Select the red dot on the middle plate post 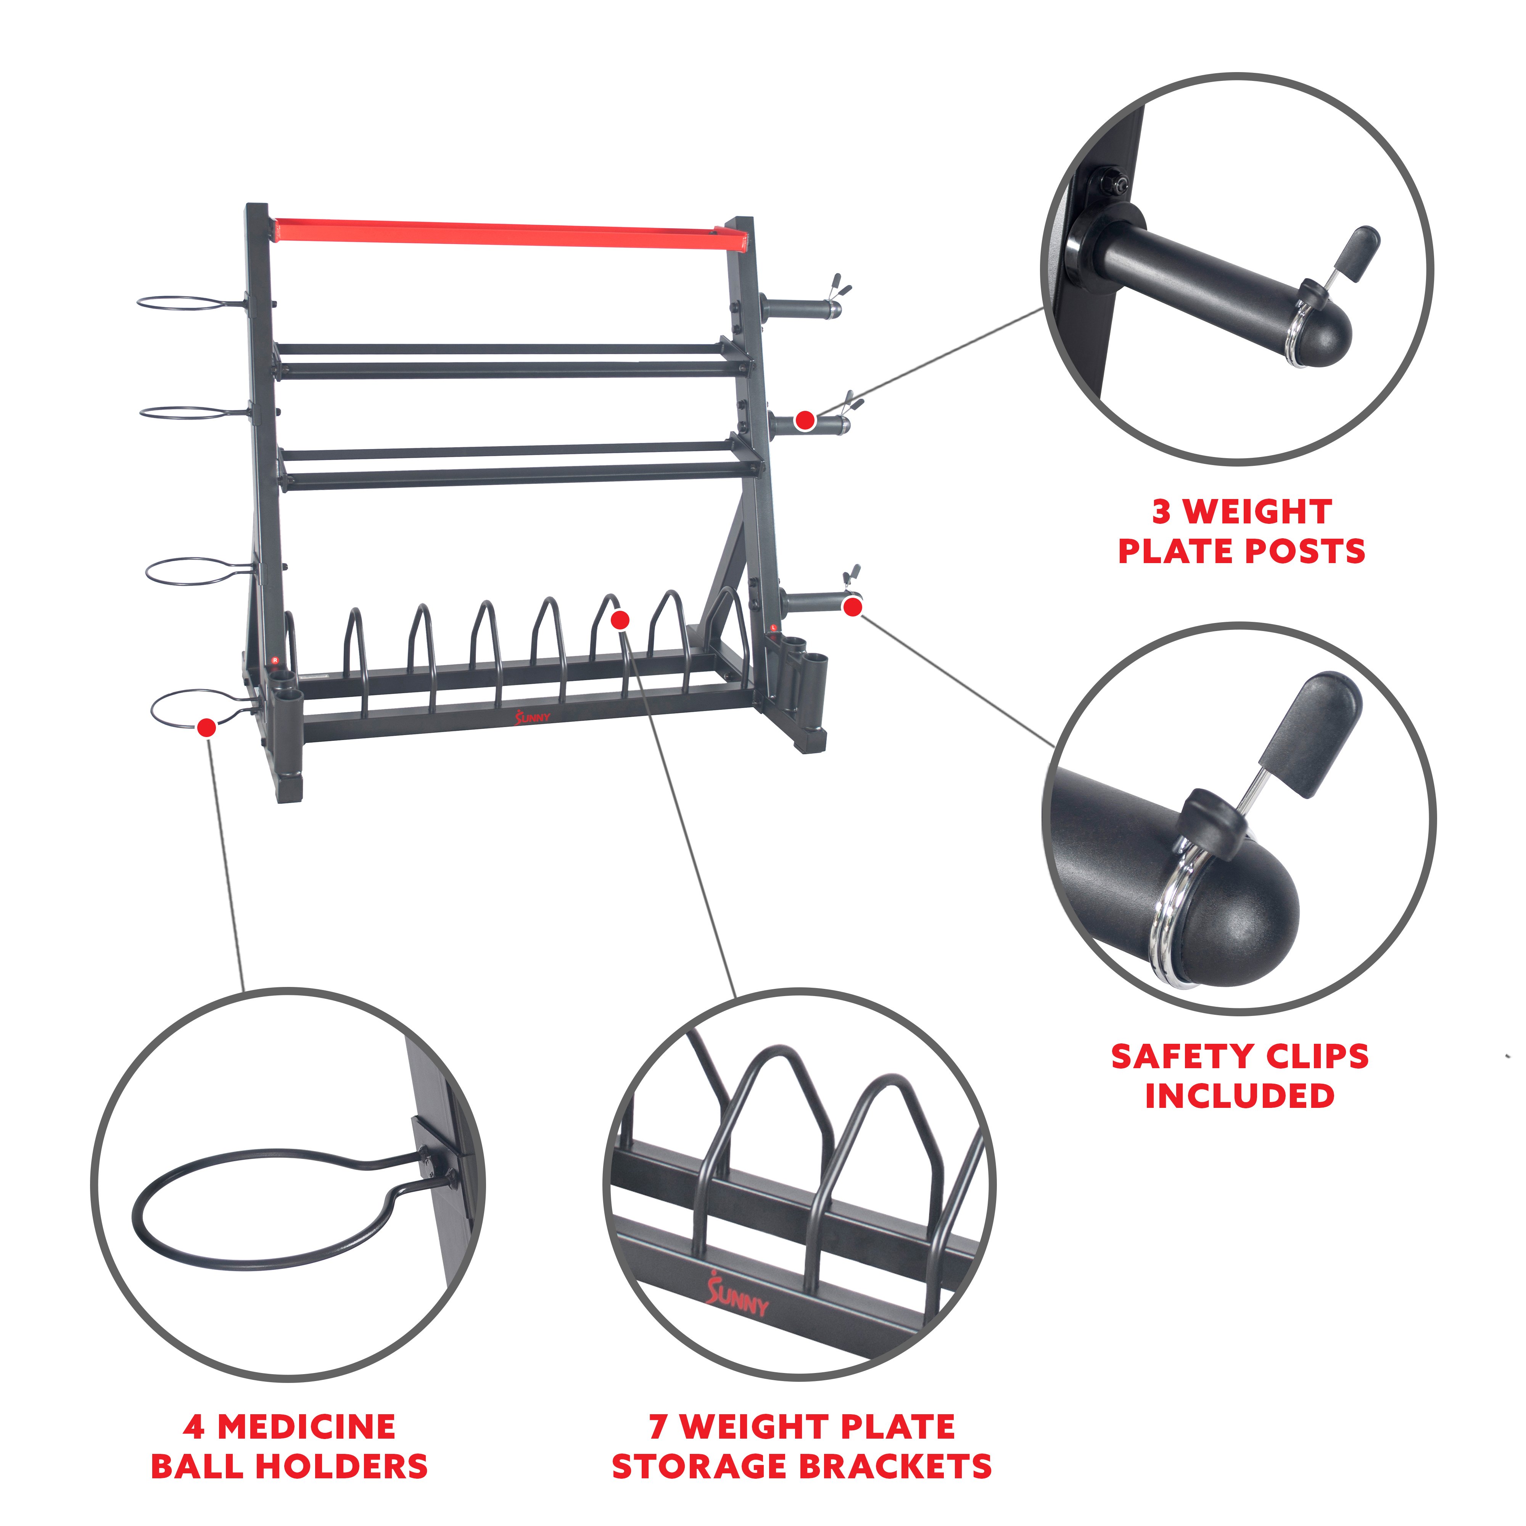point(805,420)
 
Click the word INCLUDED point(1240,1096)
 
